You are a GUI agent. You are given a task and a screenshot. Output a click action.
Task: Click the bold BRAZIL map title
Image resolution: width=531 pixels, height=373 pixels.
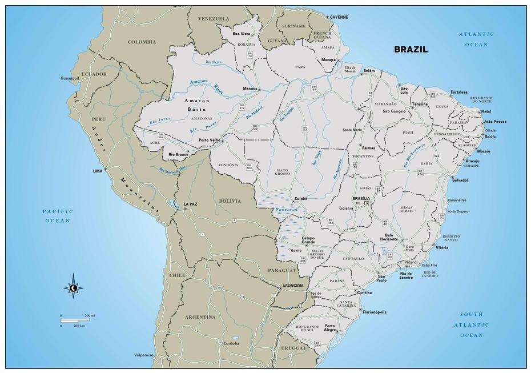tap(411, 49)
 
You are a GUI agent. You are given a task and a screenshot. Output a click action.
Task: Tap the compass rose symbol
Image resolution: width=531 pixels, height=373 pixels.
tap(73, 288)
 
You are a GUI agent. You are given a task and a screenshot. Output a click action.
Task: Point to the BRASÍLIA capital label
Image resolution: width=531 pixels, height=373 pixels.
tap(361, 198)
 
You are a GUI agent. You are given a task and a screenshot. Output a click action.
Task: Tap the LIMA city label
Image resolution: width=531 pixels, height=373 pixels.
tap(98, 171)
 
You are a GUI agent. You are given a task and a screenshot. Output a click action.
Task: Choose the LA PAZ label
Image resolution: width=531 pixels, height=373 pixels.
tap(190, 204)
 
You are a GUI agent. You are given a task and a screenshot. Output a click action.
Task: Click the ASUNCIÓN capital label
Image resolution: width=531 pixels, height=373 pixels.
tap(292, 285)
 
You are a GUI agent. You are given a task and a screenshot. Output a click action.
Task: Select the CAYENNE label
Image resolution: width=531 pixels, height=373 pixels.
tap(339, 17)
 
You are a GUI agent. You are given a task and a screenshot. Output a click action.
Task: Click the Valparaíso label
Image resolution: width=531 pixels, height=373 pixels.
tap(144, 355)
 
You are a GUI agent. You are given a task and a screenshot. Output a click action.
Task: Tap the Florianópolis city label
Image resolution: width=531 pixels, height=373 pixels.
tap(374, 312)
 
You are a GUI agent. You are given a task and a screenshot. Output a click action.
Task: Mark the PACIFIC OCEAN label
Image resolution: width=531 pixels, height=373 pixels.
tap(58, 216)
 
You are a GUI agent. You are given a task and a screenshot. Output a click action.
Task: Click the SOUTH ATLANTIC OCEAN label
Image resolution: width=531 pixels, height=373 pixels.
tap(472, 324)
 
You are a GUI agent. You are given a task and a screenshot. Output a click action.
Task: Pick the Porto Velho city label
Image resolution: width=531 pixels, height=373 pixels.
tap(210, 140)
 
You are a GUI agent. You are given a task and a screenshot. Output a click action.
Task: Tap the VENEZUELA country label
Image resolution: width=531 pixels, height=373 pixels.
tap(212, 19)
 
